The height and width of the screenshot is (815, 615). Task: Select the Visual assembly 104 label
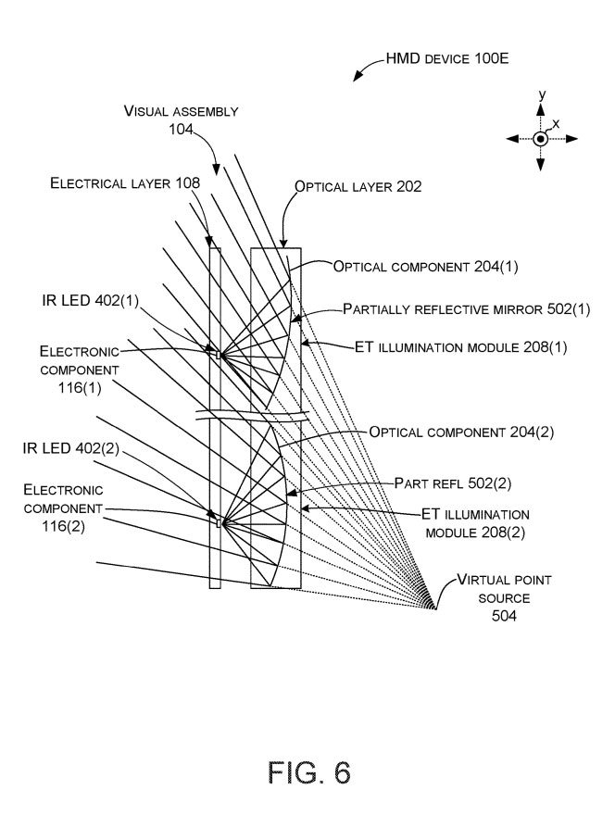[x=182, y=120]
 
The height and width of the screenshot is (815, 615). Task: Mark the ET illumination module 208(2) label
[x=463, y=523]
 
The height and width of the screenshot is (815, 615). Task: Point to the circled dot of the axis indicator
[x=540, y=138]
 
